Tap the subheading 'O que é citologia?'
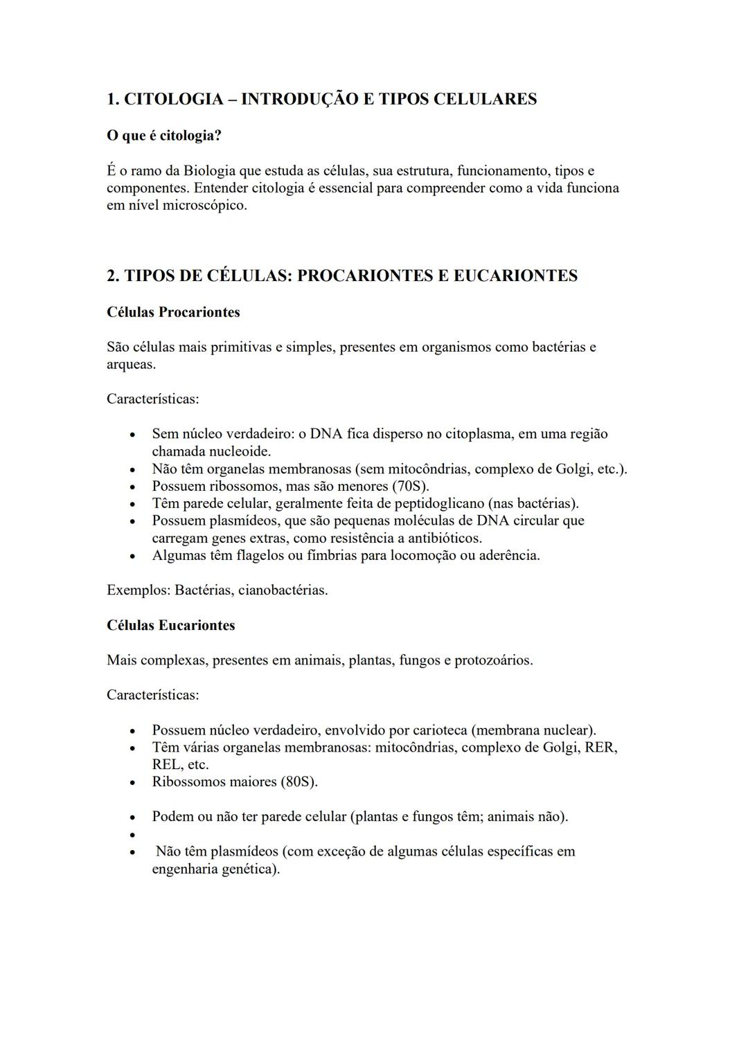click(164, 136)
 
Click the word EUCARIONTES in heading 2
click(515, 275)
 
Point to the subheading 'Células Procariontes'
click(173, 312)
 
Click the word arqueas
click(130, 364)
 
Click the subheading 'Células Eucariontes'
click(170, 625)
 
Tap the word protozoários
click(493, 660)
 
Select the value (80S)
click(299, 782)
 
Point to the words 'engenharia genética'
click(215, 869)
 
